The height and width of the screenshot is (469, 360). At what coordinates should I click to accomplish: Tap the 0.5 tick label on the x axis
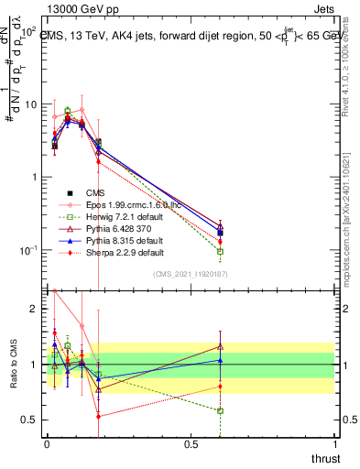pyautogui.click(x=191, y=444)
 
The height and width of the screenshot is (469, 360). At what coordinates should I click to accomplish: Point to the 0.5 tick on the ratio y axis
pyautogui.click(x=31, y=420)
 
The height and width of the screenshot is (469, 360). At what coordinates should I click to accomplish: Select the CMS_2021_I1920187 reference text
pyautogui.click(x=190, y=274)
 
